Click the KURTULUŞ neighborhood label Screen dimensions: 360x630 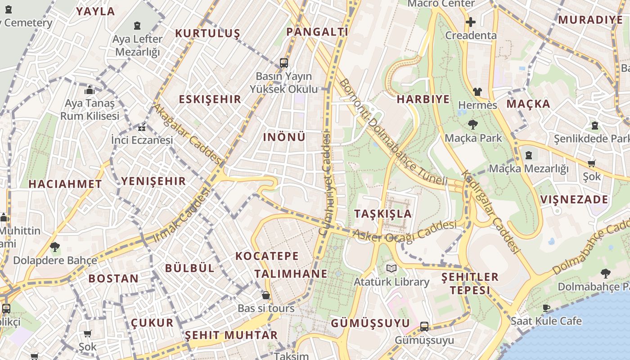click(207, 34)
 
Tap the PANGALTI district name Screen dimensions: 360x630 click(317, 31)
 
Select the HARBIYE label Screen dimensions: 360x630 click(423, 99)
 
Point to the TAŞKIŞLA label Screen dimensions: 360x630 click(383, 214)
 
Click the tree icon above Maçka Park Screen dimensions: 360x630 click(472, 125)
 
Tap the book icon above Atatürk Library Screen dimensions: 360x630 click(391, 269)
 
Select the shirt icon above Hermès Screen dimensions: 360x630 click(477, 92)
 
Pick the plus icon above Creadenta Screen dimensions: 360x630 click(471, 22)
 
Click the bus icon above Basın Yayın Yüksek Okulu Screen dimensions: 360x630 click(284, 63)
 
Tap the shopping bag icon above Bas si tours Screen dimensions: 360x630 click(266, 295)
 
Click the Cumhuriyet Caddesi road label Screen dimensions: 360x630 click(324, 183)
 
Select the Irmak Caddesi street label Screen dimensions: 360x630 click(182, 215)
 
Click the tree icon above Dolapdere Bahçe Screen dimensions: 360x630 click(55, 247)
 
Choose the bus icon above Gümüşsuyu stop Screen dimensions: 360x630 click(424, 327)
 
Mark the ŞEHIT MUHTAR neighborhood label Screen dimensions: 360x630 click(231, 335)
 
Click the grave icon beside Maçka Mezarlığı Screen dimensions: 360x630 click(529, 156)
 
